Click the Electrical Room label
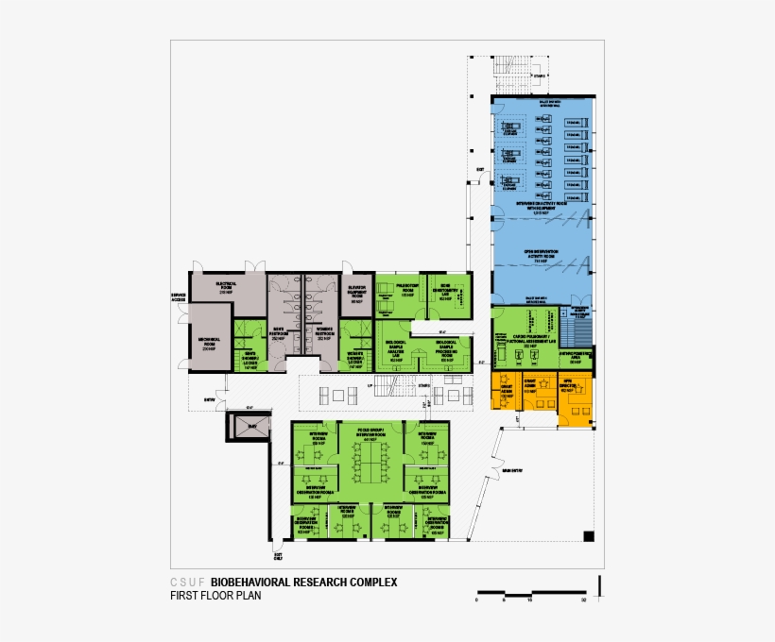point(226,286)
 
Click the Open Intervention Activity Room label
point(542,255)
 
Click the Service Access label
point(179,297)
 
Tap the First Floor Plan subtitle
point(215,596)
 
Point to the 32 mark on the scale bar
point(586,600)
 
